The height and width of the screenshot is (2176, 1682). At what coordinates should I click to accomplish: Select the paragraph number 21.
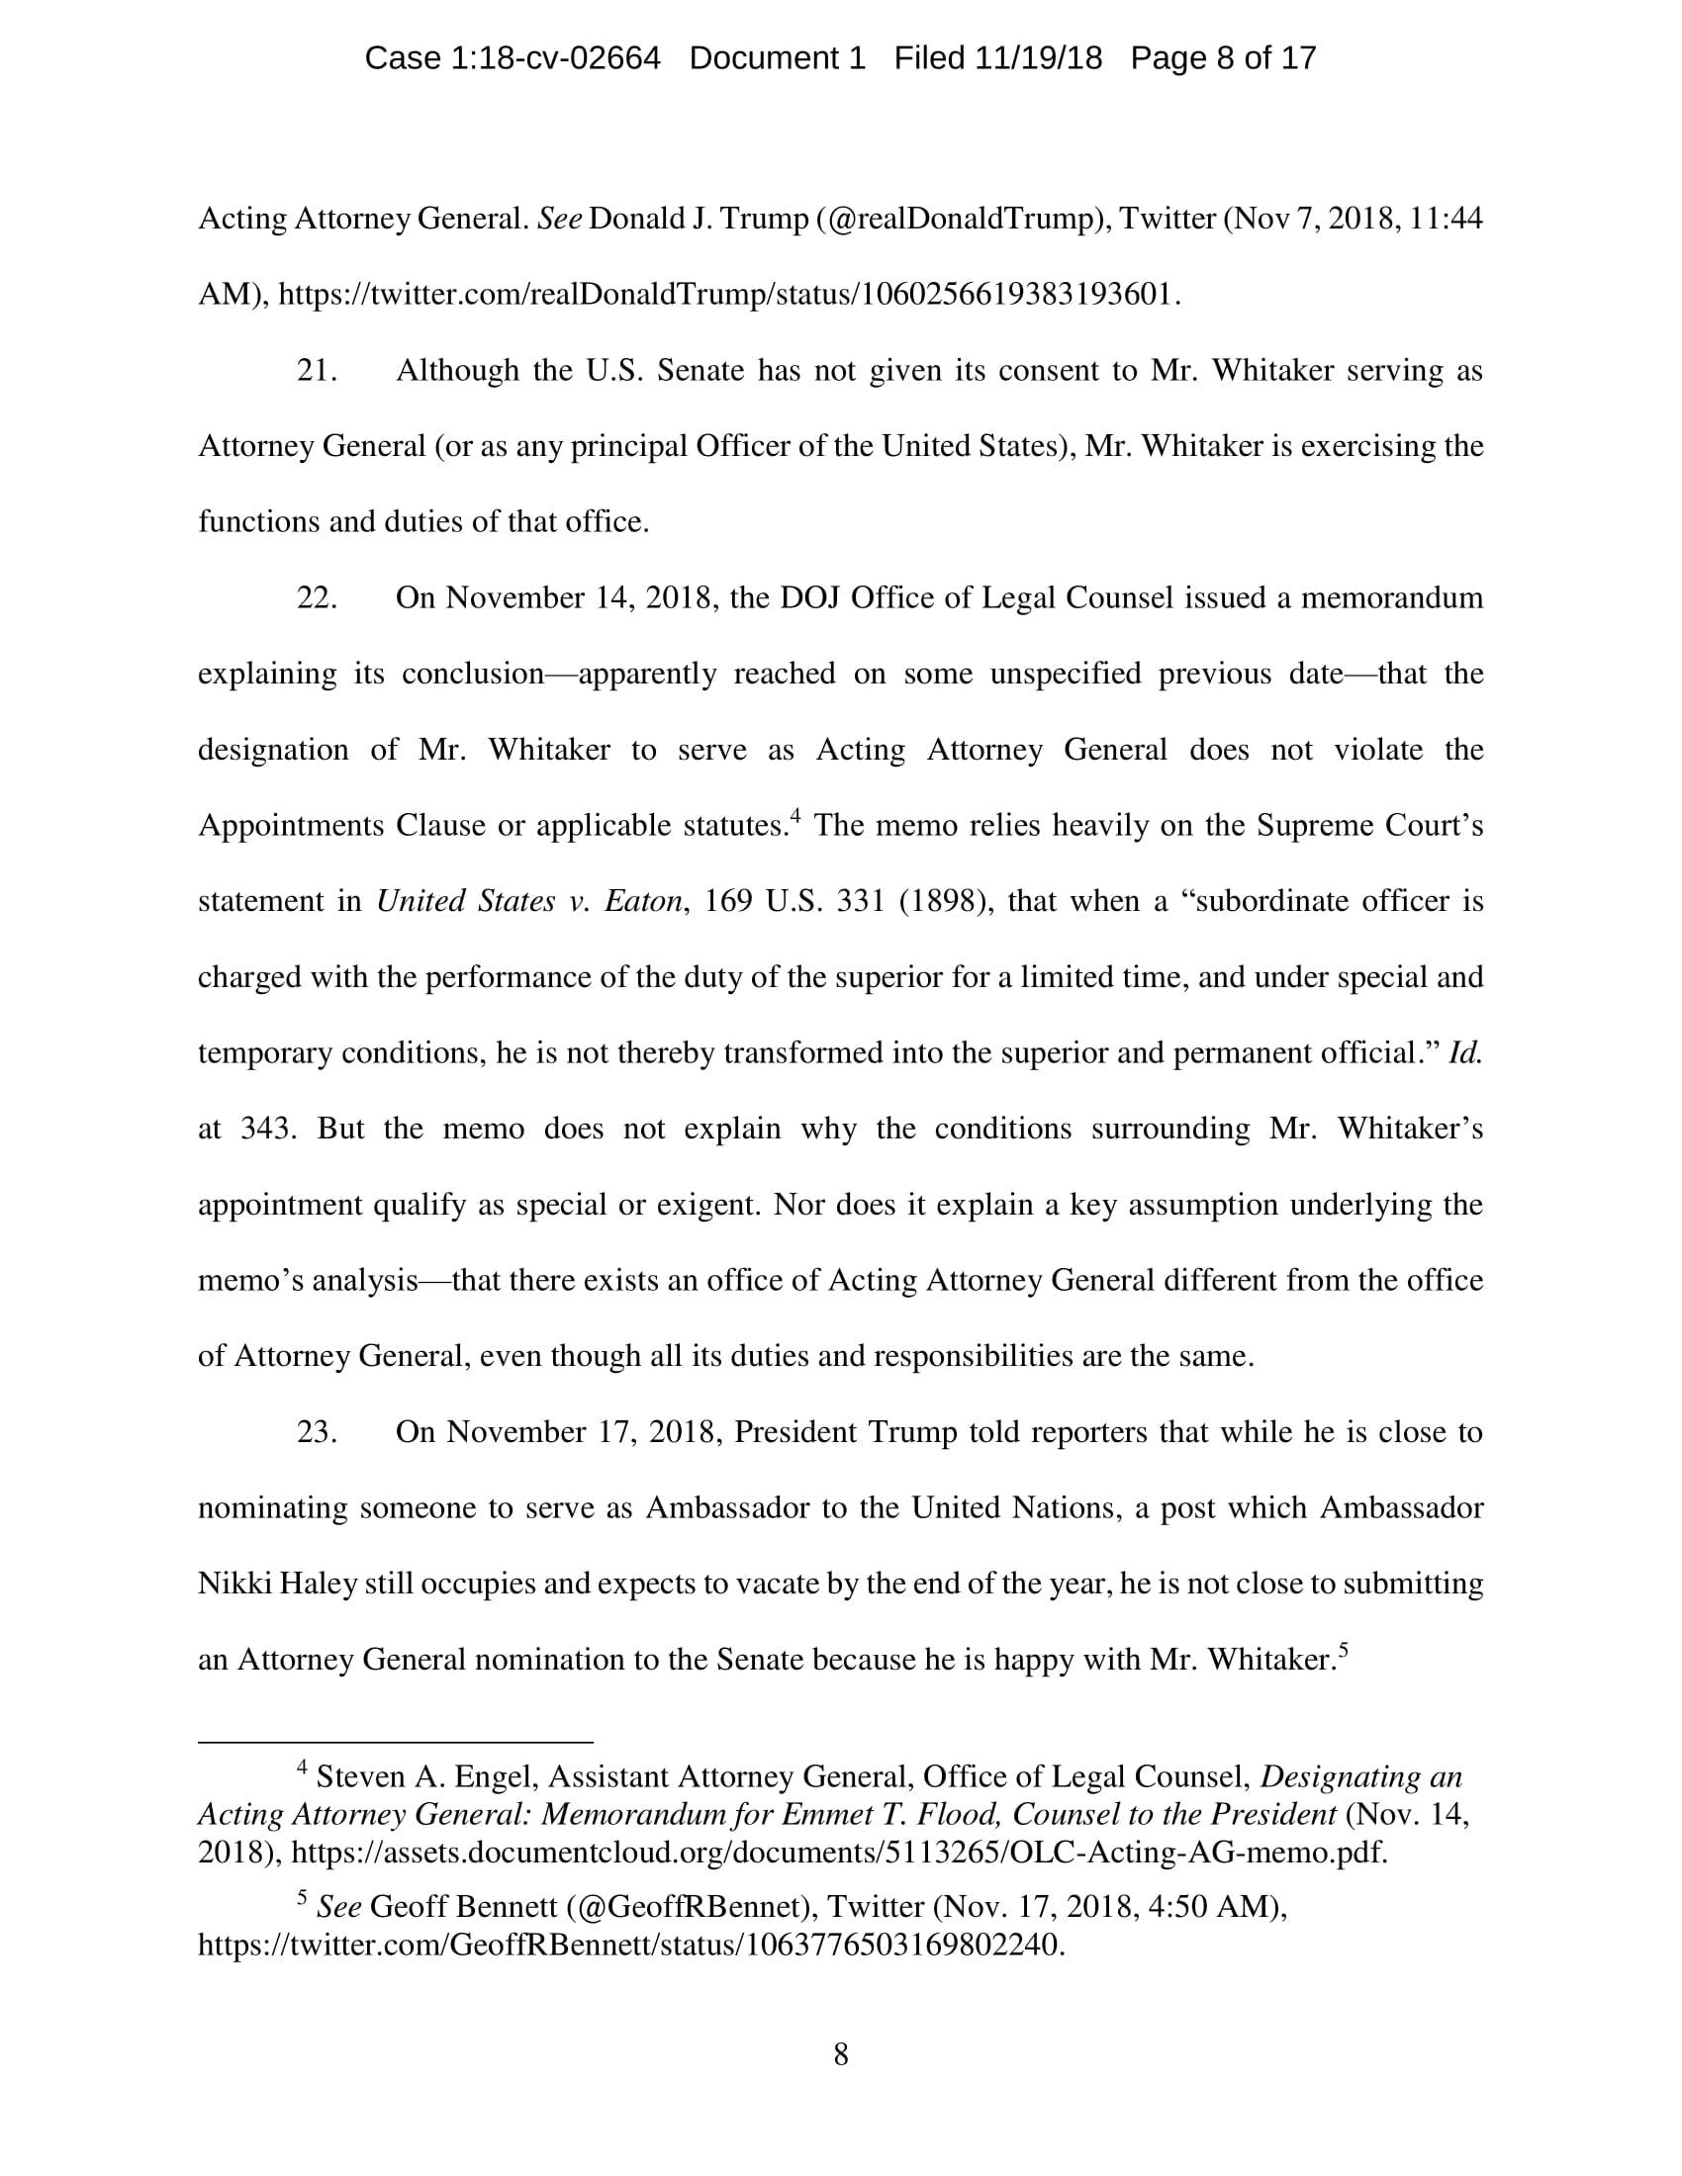tap(317, 371)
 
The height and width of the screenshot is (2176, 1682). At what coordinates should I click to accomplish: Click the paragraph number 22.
tap(317, 597)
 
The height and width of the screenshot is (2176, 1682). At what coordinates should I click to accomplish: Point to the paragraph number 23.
tap(317, 1432)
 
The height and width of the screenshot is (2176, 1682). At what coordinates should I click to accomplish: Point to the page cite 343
tap(268, 1129)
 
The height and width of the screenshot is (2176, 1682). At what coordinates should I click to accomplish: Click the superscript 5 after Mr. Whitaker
tap(1344, 1650)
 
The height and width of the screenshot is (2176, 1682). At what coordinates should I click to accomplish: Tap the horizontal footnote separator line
tap(396, 1742)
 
